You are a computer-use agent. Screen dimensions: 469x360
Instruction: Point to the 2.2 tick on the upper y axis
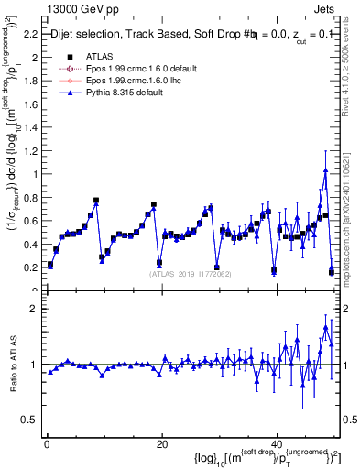click(30, 34)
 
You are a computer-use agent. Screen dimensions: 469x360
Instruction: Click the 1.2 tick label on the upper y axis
click(30, 150)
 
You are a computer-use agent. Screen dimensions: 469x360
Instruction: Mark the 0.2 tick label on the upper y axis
click(30, 267)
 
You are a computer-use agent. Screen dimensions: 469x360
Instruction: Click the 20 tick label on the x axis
click(161, 443)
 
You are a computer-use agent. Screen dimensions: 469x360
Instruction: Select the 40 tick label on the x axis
click(277, 443)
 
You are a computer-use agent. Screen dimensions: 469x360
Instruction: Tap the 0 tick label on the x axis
click(46, 443)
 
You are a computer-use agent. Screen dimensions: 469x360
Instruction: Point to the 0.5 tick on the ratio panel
click(30, 420)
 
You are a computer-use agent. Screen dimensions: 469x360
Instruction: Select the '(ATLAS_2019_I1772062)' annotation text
click(191, 274)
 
